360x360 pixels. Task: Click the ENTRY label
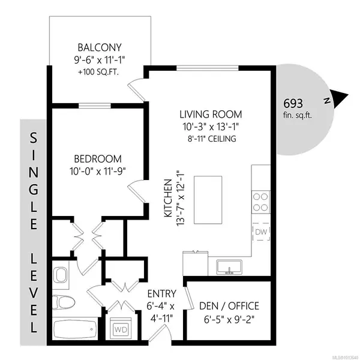click(x=161, y=294)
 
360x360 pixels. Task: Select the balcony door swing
click(x=137, y=90)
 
